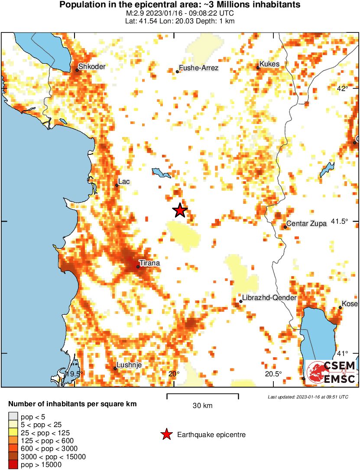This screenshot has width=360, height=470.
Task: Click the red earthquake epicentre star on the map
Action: [180, 210]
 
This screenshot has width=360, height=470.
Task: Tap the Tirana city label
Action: [149, 263]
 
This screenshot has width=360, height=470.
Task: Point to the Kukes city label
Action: [270, 64]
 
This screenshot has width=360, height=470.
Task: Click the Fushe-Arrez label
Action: [199, 68]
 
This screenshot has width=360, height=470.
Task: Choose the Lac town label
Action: [124, 182]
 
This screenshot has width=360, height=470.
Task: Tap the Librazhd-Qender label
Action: [269, 298]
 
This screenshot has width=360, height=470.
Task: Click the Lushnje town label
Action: [129, 365]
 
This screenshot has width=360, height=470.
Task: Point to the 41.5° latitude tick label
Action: [340, 221]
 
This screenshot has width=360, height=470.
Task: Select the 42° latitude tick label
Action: [343, 88]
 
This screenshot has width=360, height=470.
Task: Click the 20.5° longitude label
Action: [273, 374]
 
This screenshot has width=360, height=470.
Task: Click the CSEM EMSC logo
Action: [331, 372]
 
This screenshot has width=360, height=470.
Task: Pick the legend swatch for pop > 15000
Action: [12, 465]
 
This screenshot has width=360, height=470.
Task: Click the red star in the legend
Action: [166, 435]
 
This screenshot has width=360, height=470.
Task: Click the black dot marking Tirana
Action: [138, 267]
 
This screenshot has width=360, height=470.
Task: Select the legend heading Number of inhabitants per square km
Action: [72, 404]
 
